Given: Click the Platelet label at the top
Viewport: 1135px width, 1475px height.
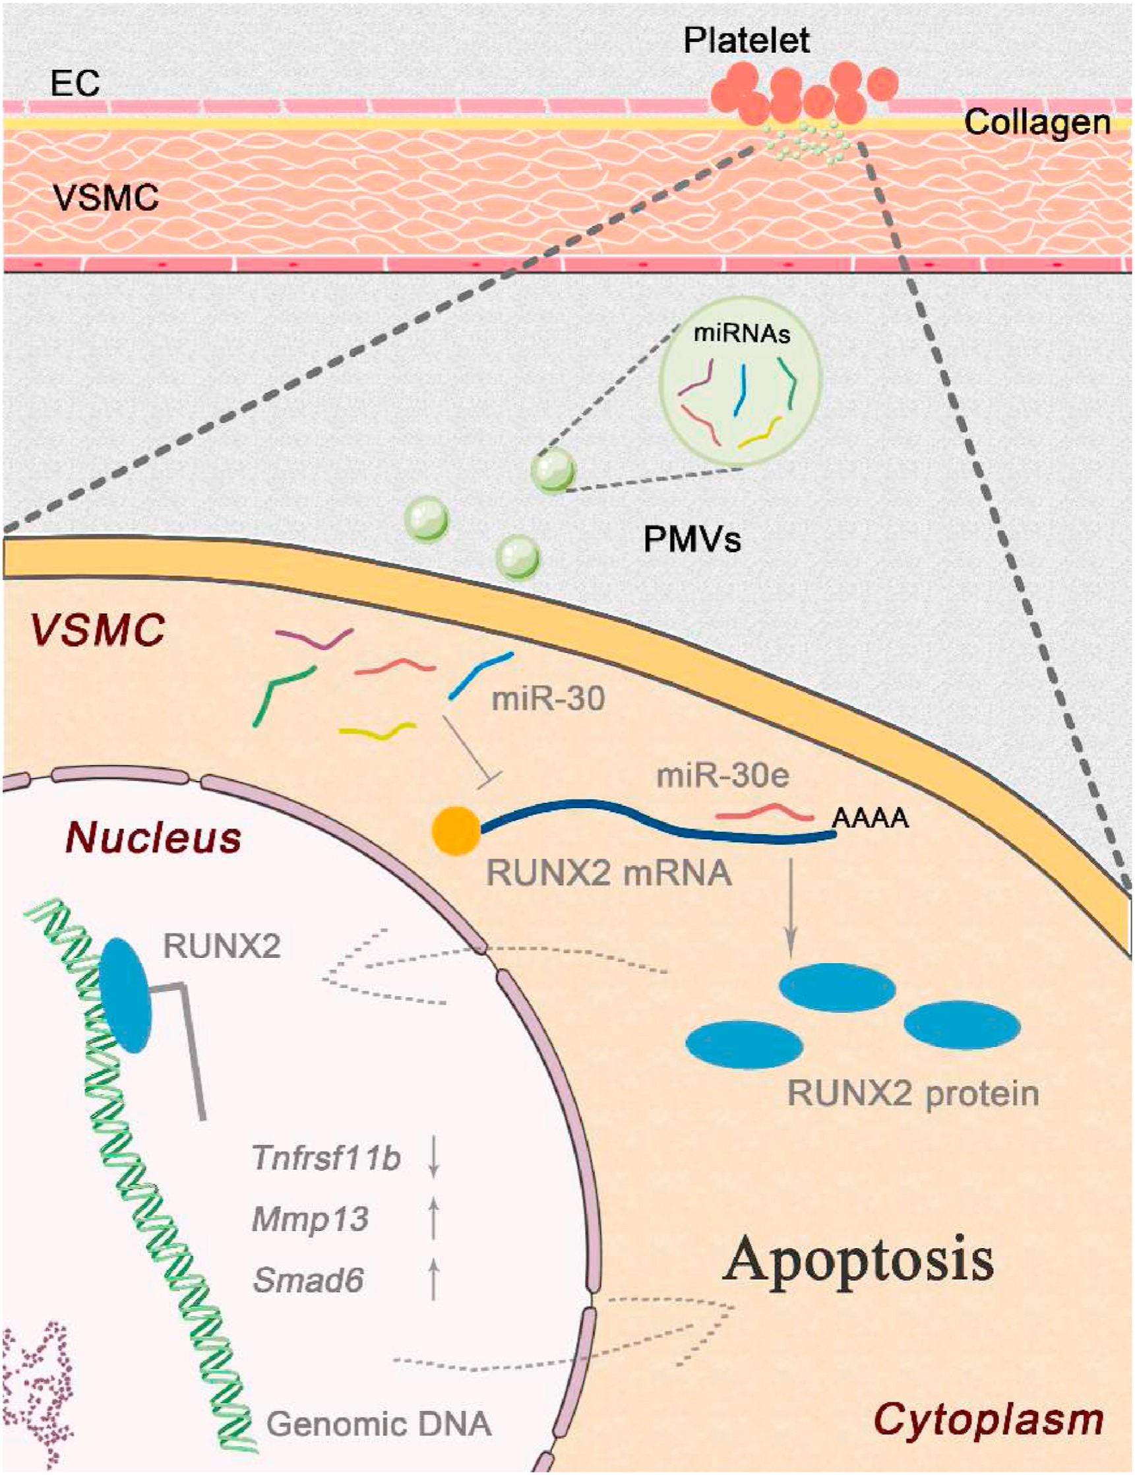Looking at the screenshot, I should (x=745, y=40).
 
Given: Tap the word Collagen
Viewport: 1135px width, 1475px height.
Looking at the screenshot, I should (x=1037, y=123).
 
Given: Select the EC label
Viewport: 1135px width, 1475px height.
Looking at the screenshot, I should (x=75, y=84).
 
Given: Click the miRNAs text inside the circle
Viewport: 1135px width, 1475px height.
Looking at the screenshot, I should (x=741, y=334).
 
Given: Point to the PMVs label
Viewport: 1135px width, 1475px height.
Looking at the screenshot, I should (x=692, y=539).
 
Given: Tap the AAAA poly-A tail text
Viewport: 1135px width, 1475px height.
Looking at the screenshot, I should (x=870, y=819).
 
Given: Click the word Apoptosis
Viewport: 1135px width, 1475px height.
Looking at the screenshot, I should (x=858, y=1259).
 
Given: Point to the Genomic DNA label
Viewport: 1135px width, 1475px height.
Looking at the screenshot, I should (x=379, y=1424).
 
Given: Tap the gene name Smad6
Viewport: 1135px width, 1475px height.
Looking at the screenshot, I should (x=309, y=1280).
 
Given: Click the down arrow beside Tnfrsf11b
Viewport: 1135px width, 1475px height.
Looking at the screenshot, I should (x=433, y=1158).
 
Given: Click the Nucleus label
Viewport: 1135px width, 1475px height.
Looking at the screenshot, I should (x=153, y=838).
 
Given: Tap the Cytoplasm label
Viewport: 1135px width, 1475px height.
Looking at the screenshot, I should (x=989, y=1420).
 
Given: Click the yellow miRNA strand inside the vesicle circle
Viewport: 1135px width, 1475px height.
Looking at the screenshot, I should (x=760, y=433).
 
